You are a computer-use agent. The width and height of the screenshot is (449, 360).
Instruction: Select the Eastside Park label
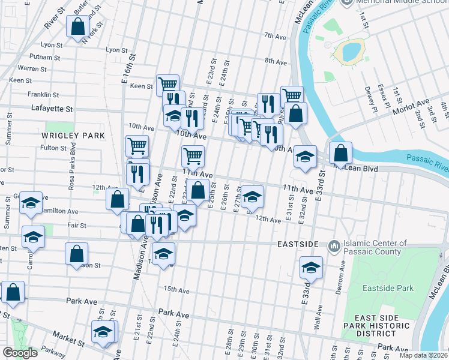tap(388, 288)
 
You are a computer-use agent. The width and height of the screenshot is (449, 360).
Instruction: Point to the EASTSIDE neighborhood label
tap(298, 245)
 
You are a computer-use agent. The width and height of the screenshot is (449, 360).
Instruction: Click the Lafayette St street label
tap(52, 109)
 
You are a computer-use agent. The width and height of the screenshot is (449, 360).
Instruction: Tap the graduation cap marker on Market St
tap(104, 332)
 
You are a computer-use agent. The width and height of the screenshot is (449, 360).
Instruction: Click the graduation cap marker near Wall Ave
tap(311, 268)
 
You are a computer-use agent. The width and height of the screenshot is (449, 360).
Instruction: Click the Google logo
tap(20, 353)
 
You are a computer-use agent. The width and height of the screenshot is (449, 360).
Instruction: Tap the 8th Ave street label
tap(276, 61)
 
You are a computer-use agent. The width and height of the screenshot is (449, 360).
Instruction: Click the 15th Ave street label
tap(177, 289)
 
